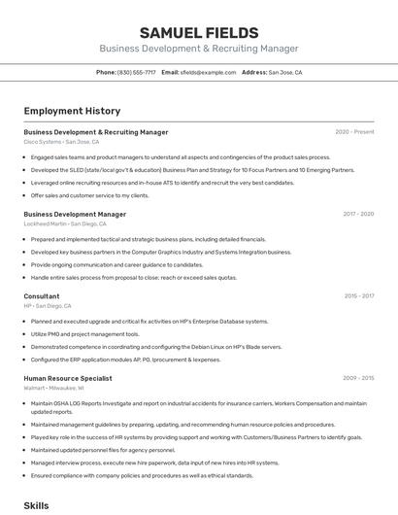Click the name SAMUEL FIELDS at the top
click(198, 32)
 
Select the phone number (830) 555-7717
click(136, 72)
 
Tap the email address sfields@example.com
click(209, 72)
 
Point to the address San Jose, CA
click(284, 72)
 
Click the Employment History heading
click(72, 111)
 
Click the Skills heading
click(36, 505)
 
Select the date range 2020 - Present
click(354, 132)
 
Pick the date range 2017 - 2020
click(357, 214)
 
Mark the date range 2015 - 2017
click(358, 296)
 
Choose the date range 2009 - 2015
click(357, 378)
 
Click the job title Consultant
click(42, 296)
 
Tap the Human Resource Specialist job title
click(68, 378)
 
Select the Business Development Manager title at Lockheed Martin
click(75, 214)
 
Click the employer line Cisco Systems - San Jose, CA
click(61, 142)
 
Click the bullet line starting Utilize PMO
click(84, 333)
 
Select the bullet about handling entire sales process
click(133, 277)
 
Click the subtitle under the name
click(198, 49)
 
